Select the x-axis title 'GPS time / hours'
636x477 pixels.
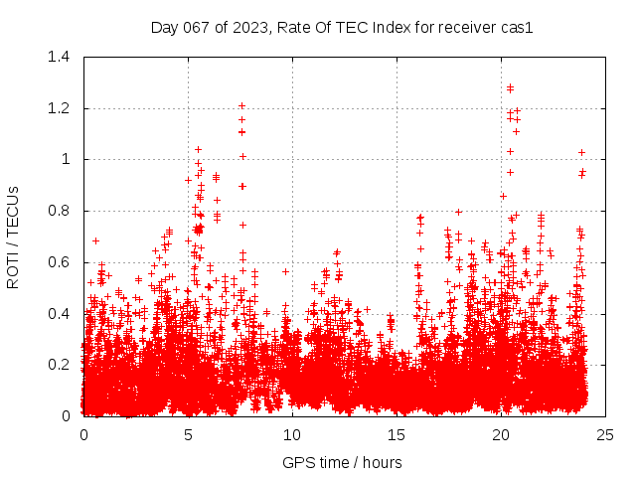pyautogui.click(x=343, y=462)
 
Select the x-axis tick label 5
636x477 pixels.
pyautogui.click(x=188, y=434)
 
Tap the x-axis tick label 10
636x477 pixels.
pyautogui.click(x=292, y=434)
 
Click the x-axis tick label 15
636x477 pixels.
pyautogui.click(x=397, y=434)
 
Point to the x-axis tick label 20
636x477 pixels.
pyautogui.click(x=501, y=434)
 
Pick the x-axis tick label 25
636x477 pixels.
pyautogui.click(x=605, y=434)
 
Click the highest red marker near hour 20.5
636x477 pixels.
pyautogui.click(x=510, y=87)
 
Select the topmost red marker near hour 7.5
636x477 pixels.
pyautogui.click(x=241, y=105)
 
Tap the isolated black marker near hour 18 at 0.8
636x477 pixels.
pyautogui.click(x=458, y=211)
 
